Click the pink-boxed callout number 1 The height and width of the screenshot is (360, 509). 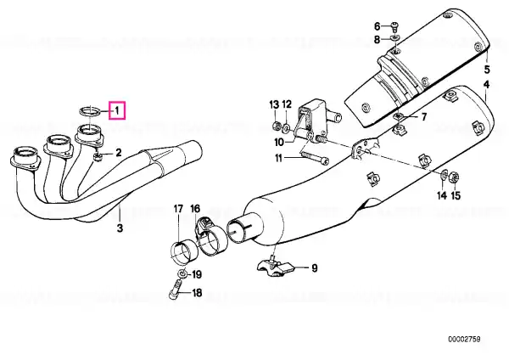point(118,110)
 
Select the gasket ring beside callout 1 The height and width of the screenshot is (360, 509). point(89,110)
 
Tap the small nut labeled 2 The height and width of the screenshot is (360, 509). point(98,158)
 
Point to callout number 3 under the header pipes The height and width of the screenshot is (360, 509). point(120,228)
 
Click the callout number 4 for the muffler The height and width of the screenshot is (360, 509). point(486,85)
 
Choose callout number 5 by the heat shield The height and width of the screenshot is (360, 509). point(487,69)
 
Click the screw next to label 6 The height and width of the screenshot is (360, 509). point(395,26)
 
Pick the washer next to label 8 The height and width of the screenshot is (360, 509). point(394,38)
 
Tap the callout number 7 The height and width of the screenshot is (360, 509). point(423,116)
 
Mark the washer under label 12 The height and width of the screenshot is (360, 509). point(287,127)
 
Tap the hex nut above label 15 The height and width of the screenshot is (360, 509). point(454,177)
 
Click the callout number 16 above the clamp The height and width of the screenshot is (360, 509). point(195,209)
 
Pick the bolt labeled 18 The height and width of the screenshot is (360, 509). point(176,290)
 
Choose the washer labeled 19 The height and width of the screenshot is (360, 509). point(183,273)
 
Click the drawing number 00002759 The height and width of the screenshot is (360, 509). point(464,340)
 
